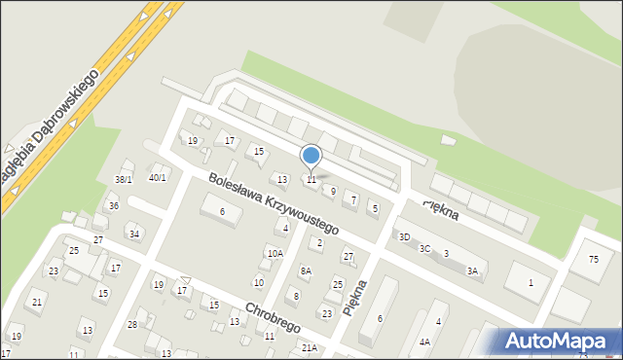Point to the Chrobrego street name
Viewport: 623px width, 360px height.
click(x=274, y=312)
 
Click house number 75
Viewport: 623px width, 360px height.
click(x=594, y=259)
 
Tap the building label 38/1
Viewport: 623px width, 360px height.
click(x=124, y=180)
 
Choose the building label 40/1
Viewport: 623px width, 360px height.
click(x=157, y=178)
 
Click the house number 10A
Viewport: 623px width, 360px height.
click(x=275, y=254)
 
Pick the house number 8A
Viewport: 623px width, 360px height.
click(x=306, y=271)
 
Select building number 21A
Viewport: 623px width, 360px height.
click(x=309, y=347)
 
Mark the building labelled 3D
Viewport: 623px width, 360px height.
click(x=404, y=237)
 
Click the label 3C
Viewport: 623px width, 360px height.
click(x=424, y=249)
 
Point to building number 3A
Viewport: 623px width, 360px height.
click(x=472, y=271)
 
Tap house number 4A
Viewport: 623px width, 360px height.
click(x=424, y=342)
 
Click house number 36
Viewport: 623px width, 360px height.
click(x=114, y=206)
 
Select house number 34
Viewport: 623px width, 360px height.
click(x=134, y=234)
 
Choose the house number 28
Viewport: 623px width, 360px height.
click(x=132, y=324)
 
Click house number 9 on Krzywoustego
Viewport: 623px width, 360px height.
click(x=333, y=192)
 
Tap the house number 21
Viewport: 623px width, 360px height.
click(x=37, y=303)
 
